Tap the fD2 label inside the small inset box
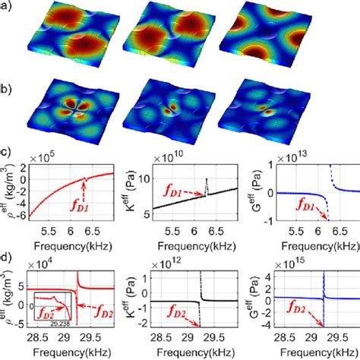46,311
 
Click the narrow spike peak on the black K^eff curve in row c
206,179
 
